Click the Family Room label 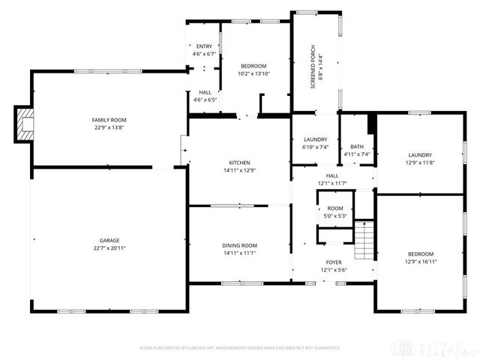click(x=109, y=120)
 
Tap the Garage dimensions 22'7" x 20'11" click(x=109, y=247)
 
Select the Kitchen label click(x=239, y=163)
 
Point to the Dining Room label click(x=239, y=245)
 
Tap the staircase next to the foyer click(x=363, y=238)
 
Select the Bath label click(x=357, y=147)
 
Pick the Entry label click(x=204, y=46)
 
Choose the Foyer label click(x=334, y=262)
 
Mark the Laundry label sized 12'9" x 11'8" click(x=420, y=147)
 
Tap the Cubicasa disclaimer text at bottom click(x=240, y=348)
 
